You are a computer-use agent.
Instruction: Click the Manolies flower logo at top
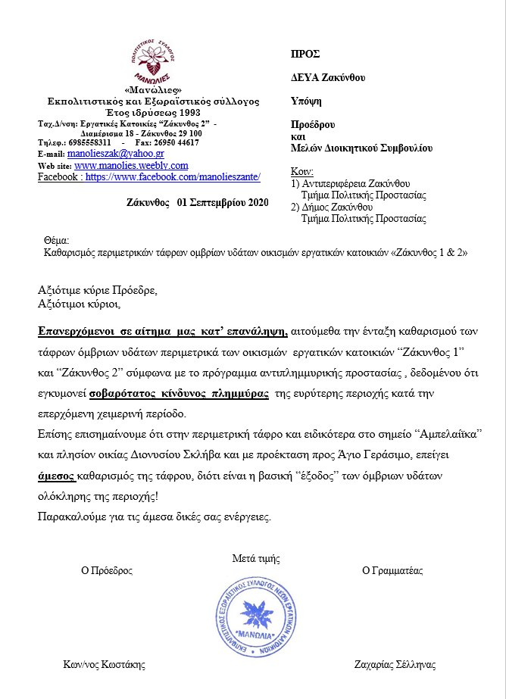pyautogui.click(x=152, y=63)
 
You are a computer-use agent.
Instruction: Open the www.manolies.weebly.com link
pyautogui.click(x=131, y=165)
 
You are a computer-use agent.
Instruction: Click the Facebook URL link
pyautogui.click(x=173, y=176)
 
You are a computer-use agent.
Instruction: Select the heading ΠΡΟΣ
pyautogui.click(x=305, y=54)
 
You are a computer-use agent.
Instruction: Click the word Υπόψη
pyautogui.click(x=305, y=100)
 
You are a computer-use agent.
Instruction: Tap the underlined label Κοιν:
pyautogui.click(x=302, y=171)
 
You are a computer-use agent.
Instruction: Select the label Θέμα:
pyautogui.click(x=57, y=240)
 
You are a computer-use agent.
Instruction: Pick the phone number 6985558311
pyautogui.click(x=86, y=142)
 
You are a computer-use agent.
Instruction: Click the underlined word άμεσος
pyautogui.click(x=56, y=477)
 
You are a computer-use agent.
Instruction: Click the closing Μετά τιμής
pyautogui.click(x=255, y=559)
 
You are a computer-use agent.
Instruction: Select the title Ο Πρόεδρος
pyautogui.click(x=107, y=570)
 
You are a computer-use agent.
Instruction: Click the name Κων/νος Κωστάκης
pyautogui.click(x=104, y=665)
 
